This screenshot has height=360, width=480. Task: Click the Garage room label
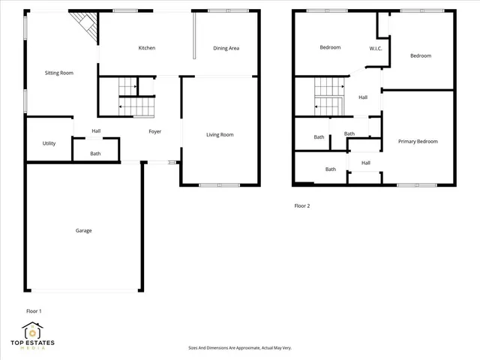[x=83, y=230]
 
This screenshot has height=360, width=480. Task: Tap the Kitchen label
[x=146, y=48]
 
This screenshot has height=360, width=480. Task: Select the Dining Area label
[x=226, y=48]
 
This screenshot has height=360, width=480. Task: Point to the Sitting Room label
[x=58, y=73]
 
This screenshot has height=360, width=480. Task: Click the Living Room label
[x=220, y=135]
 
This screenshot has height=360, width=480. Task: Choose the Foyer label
[x=154, y=131]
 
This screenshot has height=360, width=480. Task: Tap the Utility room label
[x=49, y=142]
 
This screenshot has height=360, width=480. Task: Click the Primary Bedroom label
[x=418, y=141]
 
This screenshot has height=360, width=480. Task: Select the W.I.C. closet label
[x=376, y=48]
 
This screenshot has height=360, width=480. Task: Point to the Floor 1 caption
[x=34, y=310]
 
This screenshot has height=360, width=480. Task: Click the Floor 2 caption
[x=301, y=205]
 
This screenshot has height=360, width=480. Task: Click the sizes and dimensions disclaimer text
[x=239, y=348]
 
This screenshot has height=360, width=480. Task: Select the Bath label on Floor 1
[x=95, y=154]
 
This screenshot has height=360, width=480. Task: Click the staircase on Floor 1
[x=125, y=98]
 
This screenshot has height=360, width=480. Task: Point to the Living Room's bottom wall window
[x=220, y=184]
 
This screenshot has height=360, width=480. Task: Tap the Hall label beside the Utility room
[x=96, y=131]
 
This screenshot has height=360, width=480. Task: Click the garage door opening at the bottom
[x=84, y=290]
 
